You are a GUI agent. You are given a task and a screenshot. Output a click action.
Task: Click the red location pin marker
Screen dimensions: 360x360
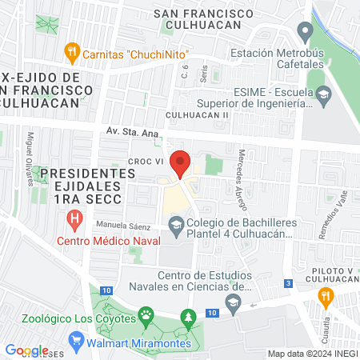coord(181,163)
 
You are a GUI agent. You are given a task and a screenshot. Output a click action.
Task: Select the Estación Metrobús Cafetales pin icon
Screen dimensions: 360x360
coord(304,33)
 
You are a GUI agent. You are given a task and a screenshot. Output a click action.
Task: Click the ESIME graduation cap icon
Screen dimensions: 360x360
coord(322,95)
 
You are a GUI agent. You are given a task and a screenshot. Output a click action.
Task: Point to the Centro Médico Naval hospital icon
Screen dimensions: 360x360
coord(74,218)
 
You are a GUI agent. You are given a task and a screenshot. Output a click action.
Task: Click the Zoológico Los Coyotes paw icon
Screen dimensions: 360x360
coord(146,314)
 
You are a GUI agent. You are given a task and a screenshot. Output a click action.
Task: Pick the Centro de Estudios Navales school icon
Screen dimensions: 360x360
coord(233,302)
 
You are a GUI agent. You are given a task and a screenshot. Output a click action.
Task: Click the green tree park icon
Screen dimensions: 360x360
coord(188,318)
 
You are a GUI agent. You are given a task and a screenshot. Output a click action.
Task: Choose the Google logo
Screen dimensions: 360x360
coord(27,350)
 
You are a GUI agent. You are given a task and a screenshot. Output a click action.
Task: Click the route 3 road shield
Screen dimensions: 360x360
coord(287,283)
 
